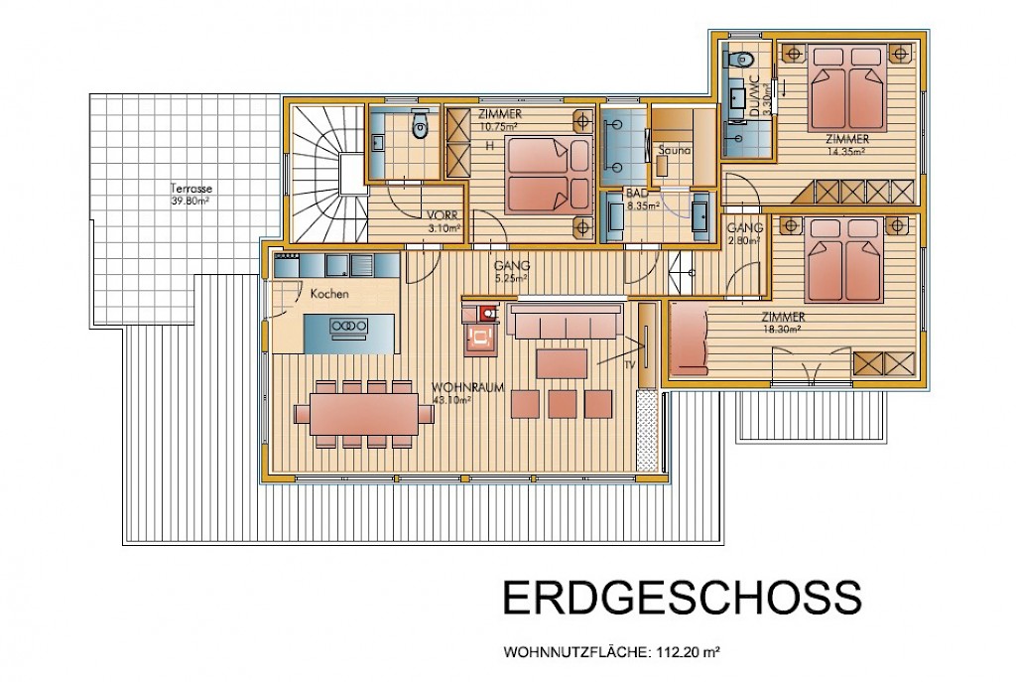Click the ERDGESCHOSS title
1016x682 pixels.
683,597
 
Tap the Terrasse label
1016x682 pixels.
191,189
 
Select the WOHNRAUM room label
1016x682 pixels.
468,388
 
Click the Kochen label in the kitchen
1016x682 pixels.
329,294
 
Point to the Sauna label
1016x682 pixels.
675,150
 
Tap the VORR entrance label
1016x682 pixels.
443,215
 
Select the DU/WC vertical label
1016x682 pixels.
754,95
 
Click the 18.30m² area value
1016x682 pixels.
782,329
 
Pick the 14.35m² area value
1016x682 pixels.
847,151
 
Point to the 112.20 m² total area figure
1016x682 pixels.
689,651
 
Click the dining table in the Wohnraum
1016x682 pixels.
364,414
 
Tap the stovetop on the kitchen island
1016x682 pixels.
349,326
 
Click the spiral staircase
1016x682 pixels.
327,174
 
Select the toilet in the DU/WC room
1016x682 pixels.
741,60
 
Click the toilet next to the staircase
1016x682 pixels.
421,126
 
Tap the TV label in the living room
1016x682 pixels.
629,365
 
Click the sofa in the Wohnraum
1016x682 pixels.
566,322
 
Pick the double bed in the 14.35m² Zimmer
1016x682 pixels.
847,88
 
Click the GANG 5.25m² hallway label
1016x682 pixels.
512,270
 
